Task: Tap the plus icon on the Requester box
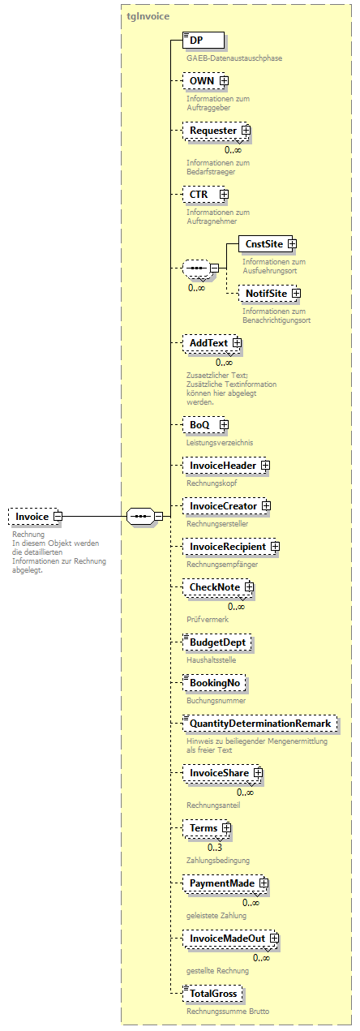pos(245,131)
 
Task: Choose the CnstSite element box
pos(265,243)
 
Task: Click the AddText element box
pos(208,344)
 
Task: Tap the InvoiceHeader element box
pos(223,466)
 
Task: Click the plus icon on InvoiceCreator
pos(265,506)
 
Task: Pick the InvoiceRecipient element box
pos(228,547)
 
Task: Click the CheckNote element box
pos(215,587)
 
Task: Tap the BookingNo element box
pos(215,684)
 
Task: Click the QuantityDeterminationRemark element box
pos(260,724)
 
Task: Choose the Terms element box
pos(204,828)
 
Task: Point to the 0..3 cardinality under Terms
pos(215,847)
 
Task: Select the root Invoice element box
pos(33,516)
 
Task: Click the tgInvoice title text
pos(148,16)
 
